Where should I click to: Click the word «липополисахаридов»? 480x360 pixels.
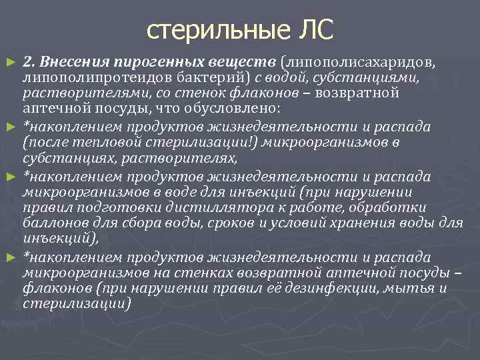pyautogui.click(x=360, y=63)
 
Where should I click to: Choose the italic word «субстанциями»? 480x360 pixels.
pyautogui.click(x=363, y=77)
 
